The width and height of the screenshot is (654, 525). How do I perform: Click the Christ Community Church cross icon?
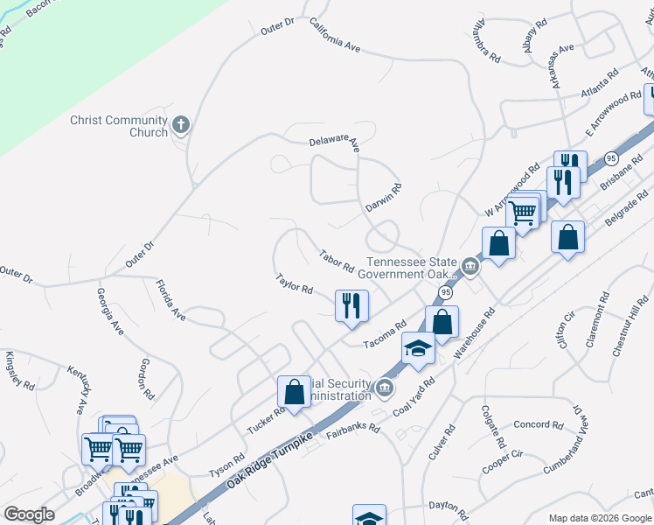coord(182,125)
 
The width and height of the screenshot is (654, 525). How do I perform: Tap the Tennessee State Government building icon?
coord(470,267)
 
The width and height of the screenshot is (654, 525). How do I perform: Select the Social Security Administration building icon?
coord(383,388)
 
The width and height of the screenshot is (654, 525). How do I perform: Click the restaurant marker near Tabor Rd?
coord(351,306)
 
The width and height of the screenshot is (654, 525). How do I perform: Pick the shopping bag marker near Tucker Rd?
coord(295,392)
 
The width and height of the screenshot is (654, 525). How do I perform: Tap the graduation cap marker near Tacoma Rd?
coord(419,349)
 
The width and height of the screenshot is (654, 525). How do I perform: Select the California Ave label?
coord(335,34)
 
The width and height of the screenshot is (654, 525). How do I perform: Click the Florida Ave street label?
coord(170,299)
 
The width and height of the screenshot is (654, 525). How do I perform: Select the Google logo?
coord(29,514)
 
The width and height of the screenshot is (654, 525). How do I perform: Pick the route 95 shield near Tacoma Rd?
coord(446,291)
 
